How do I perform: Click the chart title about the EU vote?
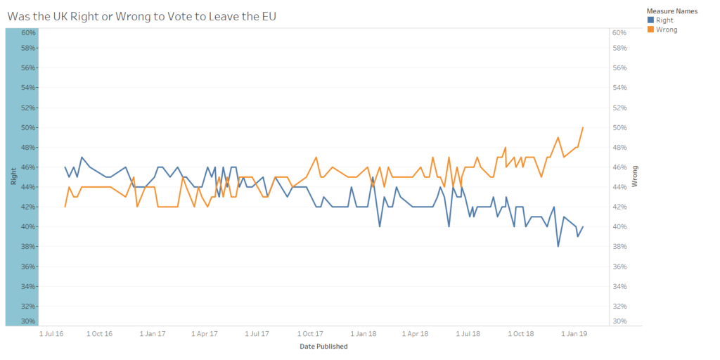pyautogui.click(x=141, y=15)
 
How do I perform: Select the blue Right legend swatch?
pyautogui.click(x=650, y=20)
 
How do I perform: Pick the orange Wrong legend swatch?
pyautogui.click(x=650, y=30)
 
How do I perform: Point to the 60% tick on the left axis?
pyautogui.click(x=28, y=32)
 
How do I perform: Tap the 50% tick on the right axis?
pyautogui.click(x=619, y=128)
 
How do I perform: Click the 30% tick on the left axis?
pyautogui.click(x=28, y=321)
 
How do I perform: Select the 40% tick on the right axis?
pyautogui.click(x=619, y=227)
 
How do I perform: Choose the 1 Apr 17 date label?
pyautogui.click(x=205, y=334)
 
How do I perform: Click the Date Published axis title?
pyautogui.click(x=323, y=346)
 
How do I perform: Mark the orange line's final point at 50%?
pyautogui.click(x=583, y=127)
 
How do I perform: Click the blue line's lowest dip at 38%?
pyautogui.click(x=558, y=246)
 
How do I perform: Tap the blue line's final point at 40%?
pyautogui.click(x=583, y=226)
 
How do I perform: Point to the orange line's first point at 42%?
pyautogui.click(x=65, y=207)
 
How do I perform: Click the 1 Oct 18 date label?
pyautogui.click(x=521, y=334)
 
